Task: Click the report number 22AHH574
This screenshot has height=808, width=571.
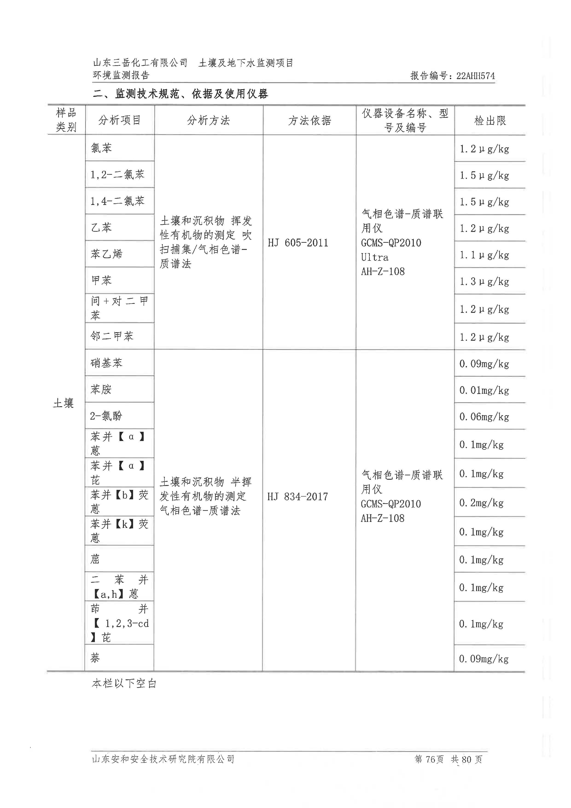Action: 475,76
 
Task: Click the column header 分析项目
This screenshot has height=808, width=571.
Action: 119,120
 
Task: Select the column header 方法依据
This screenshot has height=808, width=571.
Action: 309,120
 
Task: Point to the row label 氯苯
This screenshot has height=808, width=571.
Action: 101,148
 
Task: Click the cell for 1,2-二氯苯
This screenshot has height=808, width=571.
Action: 117,174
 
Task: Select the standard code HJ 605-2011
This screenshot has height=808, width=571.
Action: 298,243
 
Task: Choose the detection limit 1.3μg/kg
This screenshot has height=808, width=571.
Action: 484,281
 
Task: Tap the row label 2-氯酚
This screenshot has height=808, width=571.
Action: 106,416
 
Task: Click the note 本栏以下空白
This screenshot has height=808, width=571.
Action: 124,683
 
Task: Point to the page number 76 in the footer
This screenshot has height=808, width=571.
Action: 430,759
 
